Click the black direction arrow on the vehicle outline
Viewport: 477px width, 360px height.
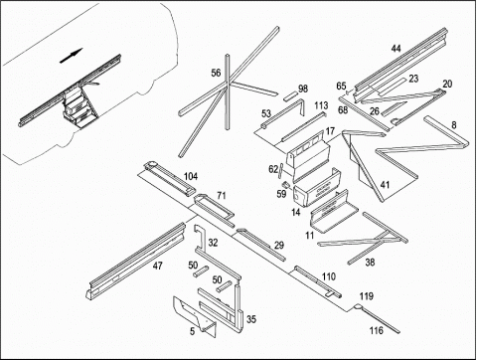(71, 56)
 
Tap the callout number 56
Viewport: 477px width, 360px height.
(216, 73)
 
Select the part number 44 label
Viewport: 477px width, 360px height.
(396, 49)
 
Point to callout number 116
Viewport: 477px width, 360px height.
(377, 330)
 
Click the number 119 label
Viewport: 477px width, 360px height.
(367, 296)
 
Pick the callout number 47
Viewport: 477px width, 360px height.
(158, 266)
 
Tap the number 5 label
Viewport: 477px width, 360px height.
(193, 331)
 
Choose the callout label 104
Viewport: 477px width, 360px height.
(191, 176)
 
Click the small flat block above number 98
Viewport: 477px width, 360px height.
(291, 96)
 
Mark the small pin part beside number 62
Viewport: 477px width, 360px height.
(280, 170)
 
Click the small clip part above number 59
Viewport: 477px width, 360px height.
(286, 184)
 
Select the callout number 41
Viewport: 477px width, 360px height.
(385, 185)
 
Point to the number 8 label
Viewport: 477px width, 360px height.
(454, 125)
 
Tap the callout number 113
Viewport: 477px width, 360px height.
(321, 105)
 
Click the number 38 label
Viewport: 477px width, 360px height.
(370, 263)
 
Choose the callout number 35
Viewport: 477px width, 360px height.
(251, 319)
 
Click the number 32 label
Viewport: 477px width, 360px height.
(213, 243)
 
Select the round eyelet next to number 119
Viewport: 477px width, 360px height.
(357, 307)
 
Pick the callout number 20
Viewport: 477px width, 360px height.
(447, 84)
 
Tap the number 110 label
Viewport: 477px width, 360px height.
(329, 276)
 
